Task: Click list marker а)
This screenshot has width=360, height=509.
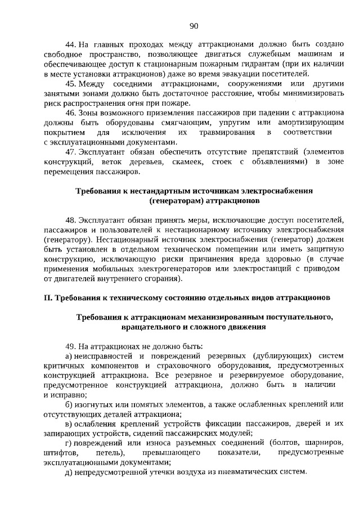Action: pyautogui.click(x=70, y=355)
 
